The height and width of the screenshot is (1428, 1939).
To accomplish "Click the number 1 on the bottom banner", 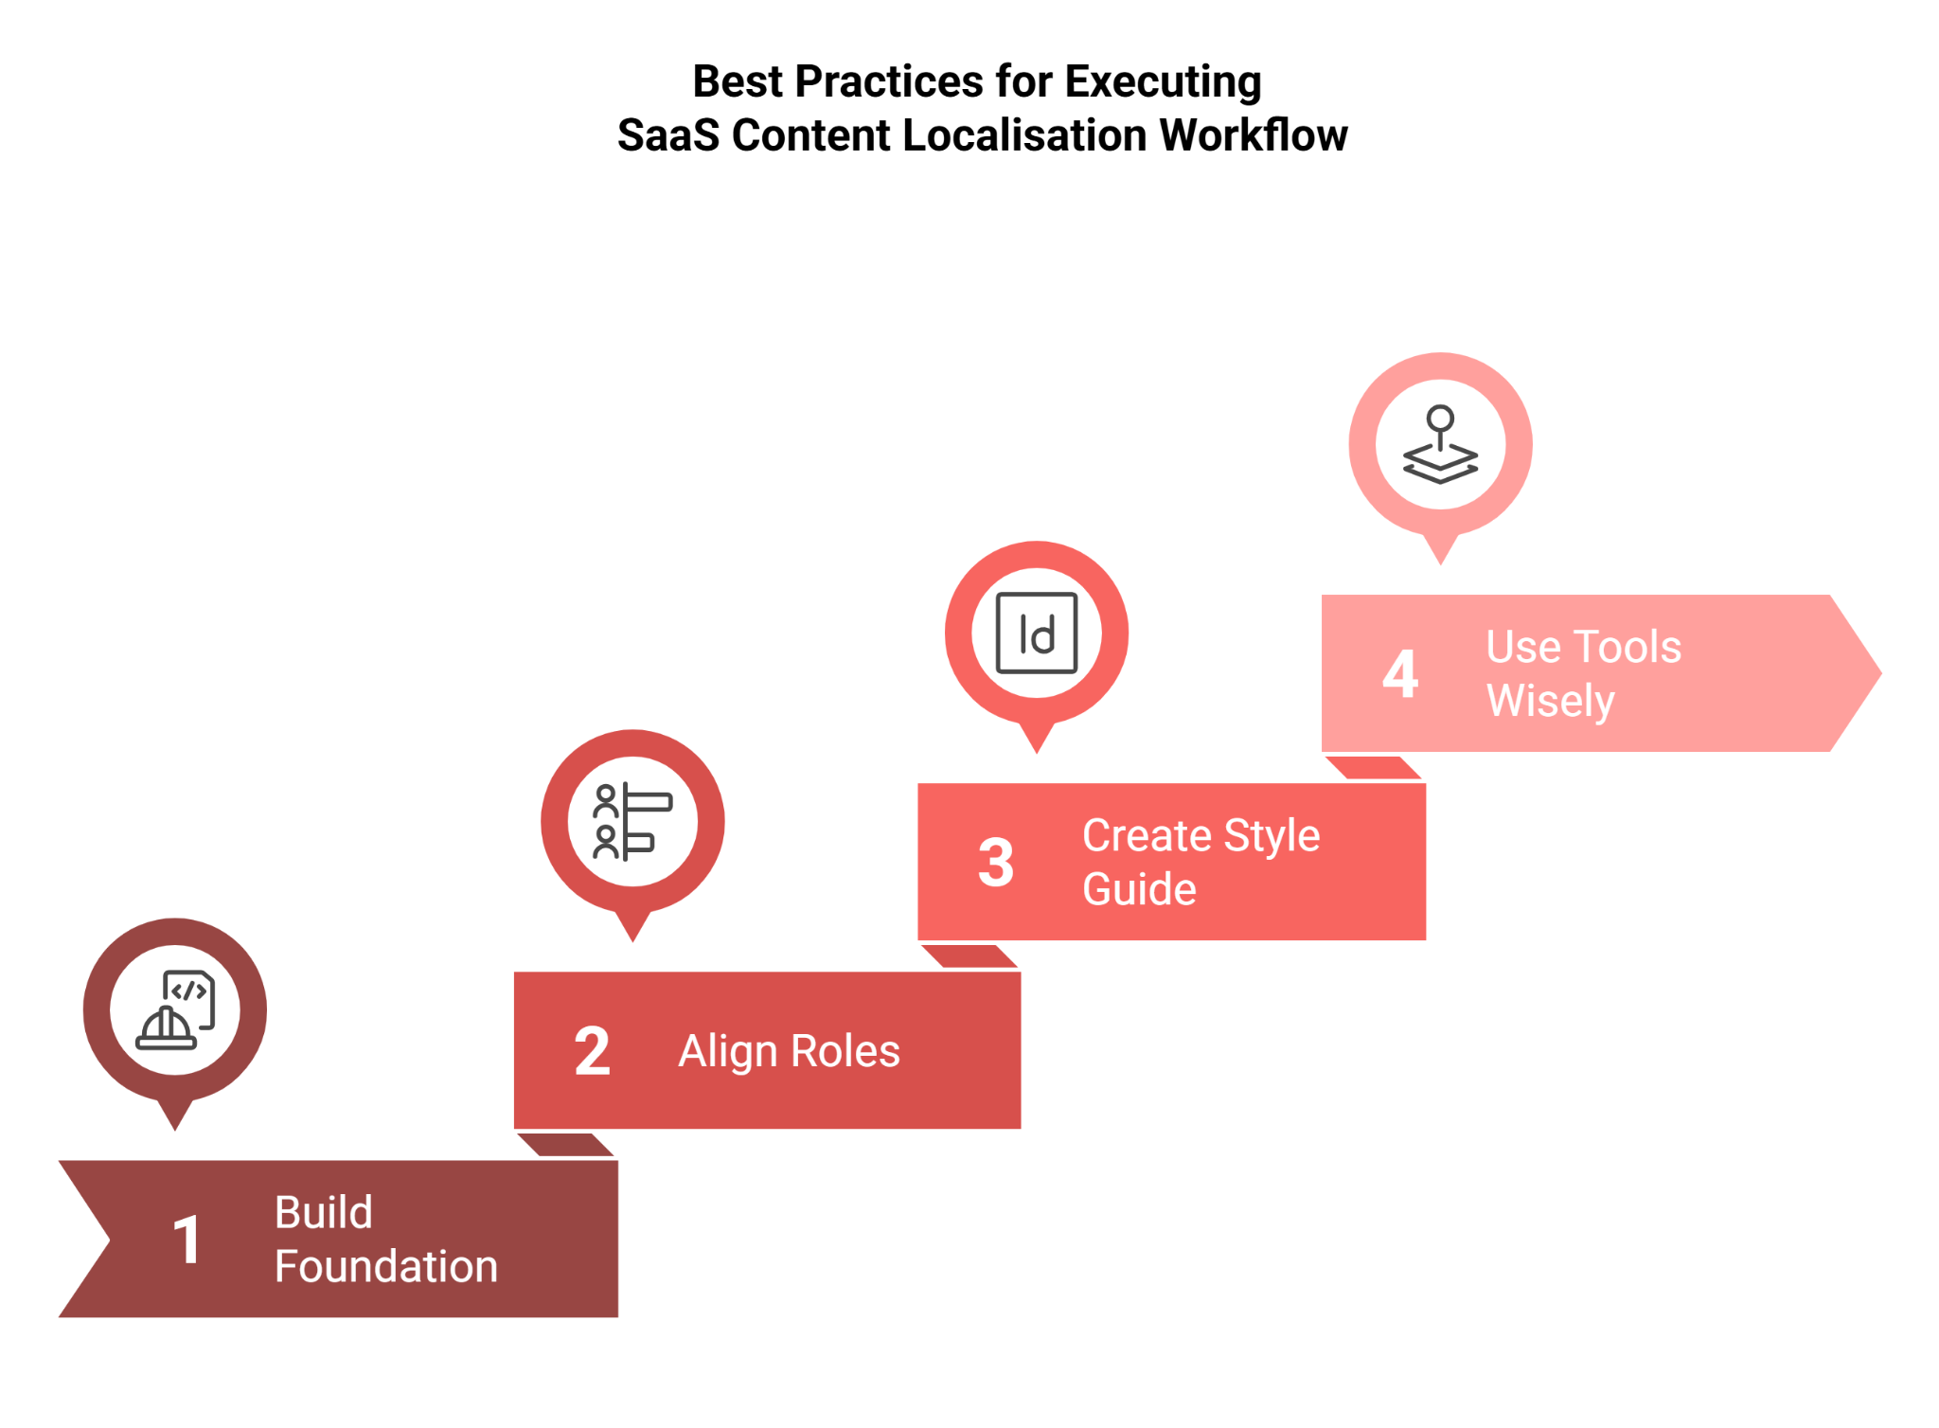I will tap(187, 1240).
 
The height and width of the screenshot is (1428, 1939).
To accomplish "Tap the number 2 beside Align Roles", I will tap(592, 1051).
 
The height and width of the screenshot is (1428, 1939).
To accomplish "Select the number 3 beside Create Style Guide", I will tap(995, 863).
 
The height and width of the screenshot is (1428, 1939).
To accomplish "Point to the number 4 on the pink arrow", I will tap(1399, 674).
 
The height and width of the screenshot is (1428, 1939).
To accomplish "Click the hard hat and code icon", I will tap(175, 1010).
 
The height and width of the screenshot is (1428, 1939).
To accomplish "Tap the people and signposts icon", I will tap(632, 822).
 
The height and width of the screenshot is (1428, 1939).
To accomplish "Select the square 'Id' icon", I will tap(1037, 634).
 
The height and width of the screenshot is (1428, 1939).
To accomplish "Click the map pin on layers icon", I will tap(1440, 445).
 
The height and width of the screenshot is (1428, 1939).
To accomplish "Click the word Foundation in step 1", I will tap(385, 1266).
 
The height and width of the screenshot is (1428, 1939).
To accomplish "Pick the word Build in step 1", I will tap(324, 1212).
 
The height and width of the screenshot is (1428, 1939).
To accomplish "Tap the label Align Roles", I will tap(789, 1051).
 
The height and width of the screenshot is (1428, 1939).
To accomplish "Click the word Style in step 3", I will tap(1272, 835).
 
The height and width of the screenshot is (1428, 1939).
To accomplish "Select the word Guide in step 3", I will tap(1139, 889).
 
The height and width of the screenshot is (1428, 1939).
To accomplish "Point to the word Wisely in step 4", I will tap(1550, 701).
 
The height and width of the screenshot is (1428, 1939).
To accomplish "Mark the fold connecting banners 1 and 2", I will tap(566, 1145).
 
